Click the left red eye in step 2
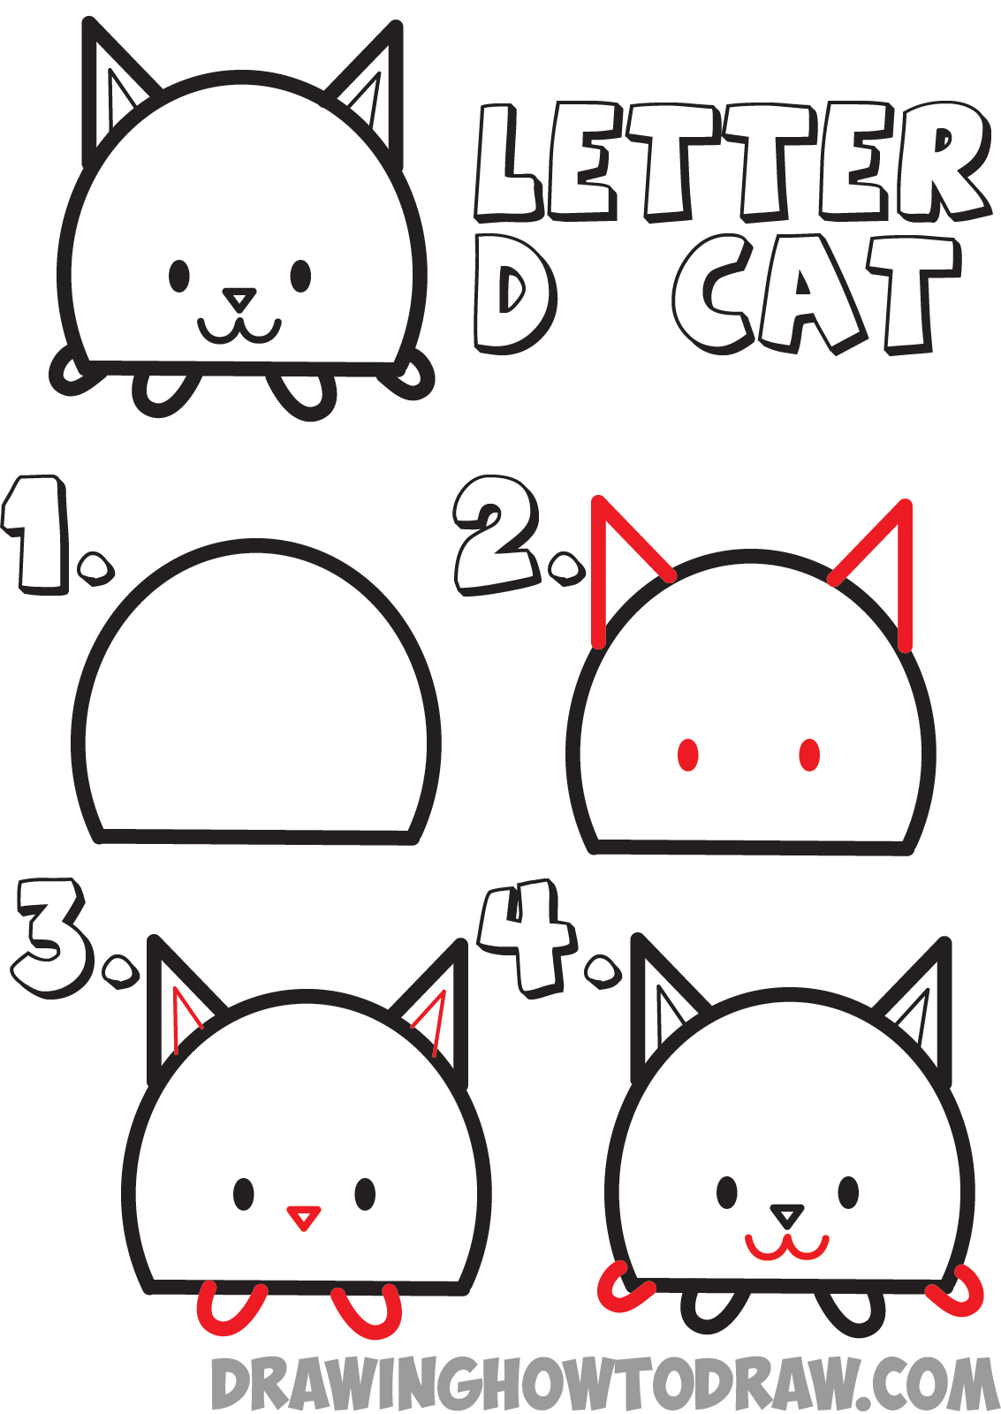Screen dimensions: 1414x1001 tap(688, 755)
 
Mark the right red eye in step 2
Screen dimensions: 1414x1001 tap(809, 755)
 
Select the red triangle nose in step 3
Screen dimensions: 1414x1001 tap(303, 1217)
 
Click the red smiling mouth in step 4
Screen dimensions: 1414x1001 tap(786, 1247)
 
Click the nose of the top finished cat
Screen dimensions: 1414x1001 tap(239, 299)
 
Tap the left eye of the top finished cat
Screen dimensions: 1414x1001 tap(179, 275)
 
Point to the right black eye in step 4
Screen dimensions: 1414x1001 tap(848, 1192)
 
